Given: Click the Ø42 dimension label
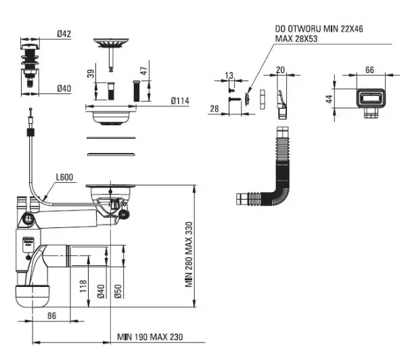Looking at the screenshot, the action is [x=64, y=34].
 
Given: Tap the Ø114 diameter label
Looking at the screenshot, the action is [x=180, y=101].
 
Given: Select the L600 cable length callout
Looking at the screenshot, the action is [x=65, y=177].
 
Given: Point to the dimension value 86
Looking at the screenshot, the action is [x=52, y=316].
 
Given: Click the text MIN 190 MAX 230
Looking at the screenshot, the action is [x=150, y=337].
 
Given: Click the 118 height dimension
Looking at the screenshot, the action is [x=83, y=286].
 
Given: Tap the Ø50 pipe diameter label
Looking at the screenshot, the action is [x=118, y=292].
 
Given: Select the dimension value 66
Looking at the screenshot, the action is [x=369, y=70].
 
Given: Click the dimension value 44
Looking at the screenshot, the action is [x=330, y=99].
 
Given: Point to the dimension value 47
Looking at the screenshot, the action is [x=144, y=70].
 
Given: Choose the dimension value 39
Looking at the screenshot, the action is [x=91, y=74].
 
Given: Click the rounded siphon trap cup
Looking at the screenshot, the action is [x=32, y=296].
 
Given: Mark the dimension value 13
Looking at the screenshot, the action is [x=229, y=75].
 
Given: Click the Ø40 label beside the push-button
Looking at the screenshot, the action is [x=64, y=89].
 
